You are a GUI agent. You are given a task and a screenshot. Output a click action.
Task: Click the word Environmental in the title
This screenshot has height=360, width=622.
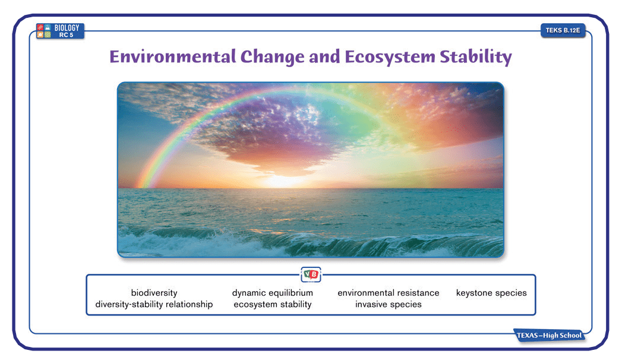point(172,56)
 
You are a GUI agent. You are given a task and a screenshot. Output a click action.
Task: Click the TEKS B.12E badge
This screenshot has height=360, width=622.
point(563,30)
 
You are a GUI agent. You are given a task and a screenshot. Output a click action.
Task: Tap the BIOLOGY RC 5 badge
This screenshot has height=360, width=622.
point(60,31)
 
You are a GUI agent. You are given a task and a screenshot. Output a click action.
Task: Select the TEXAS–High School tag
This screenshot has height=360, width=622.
point(549,336)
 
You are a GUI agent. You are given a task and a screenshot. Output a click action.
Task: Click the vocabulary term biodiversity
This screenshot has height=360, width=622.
point(154,293)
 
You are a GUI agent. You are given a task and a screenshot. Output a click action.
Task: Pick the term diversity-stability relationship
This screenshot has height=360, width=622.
point(154,304)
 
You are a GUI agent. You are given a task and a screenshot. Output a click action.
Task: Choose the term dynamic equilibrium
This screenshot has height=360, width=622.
point(273,293)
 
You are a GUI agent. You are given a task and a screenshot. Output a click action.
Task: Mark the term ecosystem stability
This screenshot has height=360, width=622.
point(273,304)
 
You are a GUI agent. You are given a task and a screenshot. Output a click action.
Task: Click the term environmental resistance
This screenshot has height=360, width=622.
point(389,293)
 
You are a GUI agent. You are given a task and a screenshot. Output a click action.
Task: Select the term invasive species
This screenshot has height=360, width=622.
point(389,304)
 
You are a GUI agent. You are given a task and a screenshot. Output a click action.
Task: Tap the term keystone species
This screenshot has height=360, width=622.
point(491,293)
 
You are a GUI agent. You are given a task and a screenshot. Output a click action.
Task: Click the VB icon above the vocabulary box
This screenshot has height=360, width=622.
point(311,274)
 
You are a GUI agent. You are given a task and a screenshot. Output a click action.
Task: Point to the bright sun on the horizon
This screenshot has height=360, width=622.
point(284,181)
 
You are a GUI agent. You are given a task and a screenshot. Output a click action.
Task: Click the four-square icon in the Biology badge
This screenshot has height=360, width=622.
point(43,31)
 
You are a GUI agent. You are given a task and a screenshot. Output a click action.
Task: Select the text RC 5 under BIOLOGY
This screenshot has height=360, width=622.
point(67,35)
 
